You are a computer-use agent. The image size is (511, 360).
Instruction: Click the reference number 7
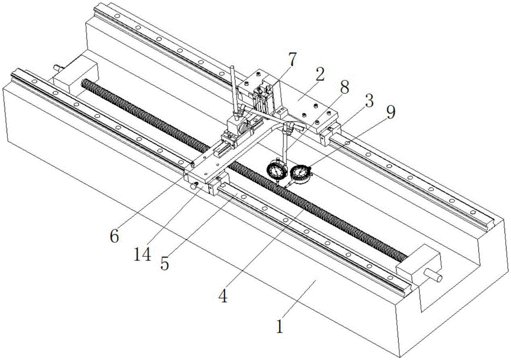point(292,59)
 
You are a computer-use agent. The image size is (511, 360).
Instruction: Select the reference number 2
point(320,74)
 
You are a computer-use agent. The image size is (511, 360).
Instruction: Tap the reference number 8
point(344,87)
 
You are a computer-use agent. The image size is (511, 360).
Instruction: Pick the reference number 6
point(114,236)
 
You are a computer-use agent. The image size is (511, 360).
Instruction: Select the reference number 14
point(143,254)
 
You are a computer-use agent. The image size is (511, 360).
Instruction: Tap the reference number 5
point(165,263)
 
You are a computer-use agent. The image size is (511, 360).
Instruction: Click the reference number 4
point(223,296)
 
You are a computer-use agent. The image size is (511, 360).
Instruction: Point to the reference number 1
point(280,326)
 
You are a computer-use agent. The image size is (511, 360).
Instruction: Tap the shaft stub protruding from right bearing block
point(432,275)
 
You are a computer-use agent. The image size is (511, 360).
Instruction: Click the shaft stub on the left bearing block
point(58,68)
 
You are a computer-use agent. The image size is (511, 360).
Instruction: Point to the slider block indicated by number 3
point(330,132)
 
